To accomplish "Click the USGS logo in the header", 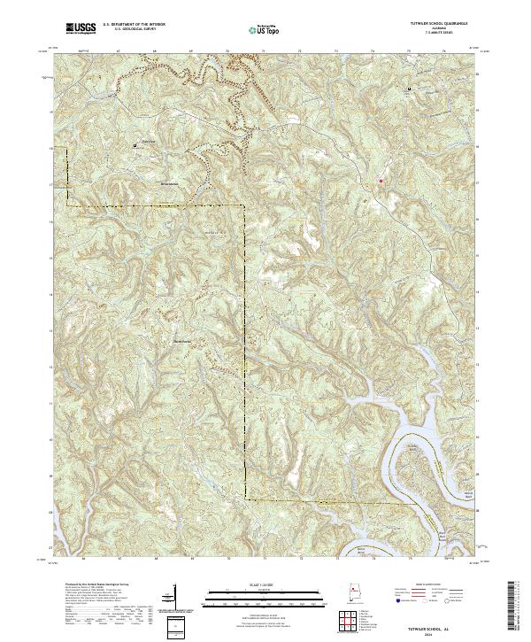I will (x=81, y=28).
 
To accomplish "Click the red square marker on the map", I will (x=381, y=181).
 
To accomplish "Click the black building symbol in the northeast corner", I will (x=409, y=90).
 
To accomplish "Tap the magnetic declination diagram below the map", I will (x=187, y=602).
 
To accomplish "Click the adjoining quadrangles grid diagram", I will (x=352, y=623).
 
